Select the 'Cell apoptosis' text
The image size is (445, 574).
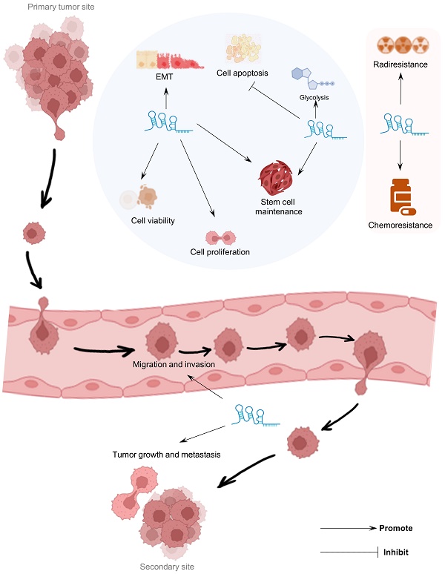click(243, 73)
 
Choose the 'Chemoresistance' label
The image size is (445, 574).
click(400, 224)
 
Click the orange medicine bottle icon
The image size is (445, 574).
click(400, 194)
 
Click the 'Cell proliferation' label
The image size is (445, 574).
click(220, 252)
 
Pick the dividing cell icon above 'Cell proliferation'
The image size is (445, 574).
click(220, 237)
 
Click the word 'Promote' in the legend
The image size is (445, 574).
click(395, 529)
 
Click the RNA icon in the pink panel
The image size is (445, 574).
click(400, 125)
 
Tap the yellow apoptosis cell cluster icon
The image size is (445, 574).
click(245, 47)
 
